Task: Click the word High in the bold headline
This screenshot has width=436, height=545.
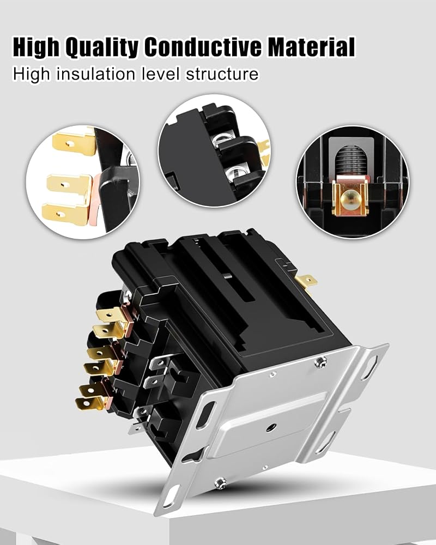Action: pos(36,47)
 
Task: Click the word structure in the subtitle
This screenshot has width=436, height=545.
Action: pos(222,74)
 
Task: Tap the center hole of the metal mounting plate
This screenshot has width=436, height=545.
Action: pos(271,427)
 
